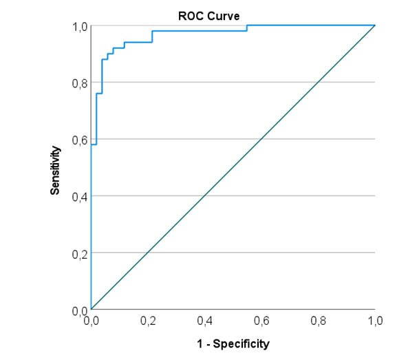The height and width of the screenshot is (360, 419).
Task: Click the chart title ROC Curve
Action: pos(214,14)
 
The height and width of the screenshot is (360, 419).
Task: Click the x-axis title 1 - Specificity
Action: pos(233,343)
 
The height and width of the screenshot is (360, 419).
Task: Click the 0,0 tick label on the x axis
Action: pos(91,321)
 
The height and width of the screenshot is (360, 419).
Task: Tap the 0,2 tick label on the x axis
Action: pos(148,321)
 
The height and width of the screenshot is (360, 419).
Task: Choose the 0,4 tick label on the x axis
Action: pos(204,321)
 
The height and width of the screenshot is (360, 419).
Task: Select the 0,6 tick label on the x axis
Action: pos(261,321)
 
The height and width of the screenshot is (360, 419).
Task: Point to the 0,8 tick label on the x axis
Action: pos(318,321)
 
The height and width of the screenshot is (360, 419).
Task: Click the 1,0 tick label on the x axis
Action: pos(375,321)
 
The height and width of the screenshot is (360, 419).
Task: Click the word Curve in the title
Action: pos(226,14)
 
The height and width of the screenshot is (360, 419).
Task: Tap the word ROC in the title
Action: pos(200,14)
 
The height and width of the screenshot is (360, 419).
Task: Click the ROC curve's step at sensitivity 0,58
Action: pos(94,145)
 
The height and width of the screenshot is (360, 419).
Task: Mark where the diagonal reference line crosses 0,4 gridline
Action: pos(204,196)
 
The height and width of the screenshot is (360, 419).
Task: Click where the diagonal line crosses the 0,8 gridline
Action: pos(318,83)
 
